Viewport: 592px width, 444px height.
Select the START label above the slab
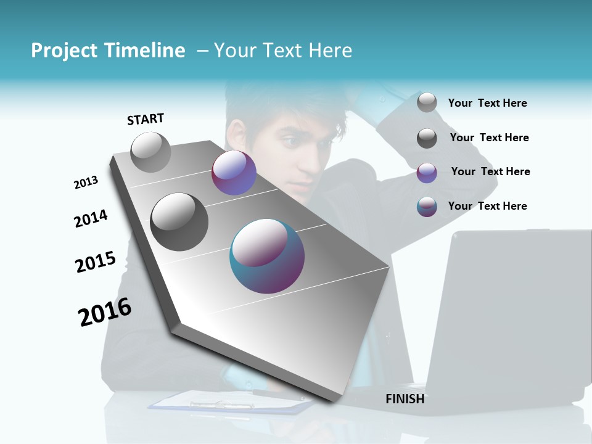pyautogui.click(x=146, y=119)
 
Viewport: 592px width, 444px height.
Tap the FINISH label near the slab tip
pyautogui.click(x=405, y=399)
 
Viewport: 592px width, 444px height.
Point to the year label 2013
pyautogui.click(x=86, y=183)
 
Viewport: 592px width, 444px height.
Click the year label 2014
pyautogui.click(x=91, y=219)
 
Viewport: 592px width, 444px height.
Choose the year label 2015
pyautogui.click(x=96, y=262)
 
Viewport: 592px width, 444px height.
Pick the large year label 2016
pyautogui.click(x=105, y=312)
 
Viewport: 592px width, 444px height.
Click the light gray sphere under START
pyautogui.click(x=150, y=152)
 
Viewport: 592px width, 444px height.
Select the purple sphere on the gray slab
pyautogui.click(x=234, y=173)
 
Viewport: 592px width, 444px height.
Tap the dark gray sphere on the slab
pyautogui.click(x=179, y=221)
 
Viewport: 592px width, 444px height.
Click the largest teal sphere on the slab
pyautogui.click(x=267, y=256)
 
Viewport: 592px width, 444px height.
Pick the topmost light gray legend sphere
pyautogui.click(x=427, y=102)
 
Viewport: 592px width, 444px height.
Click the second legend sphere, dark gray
pyautogui.click(x=427, y=138)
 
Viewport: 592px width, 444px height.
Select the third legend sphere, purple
pyautogui.click(x=427, y=173)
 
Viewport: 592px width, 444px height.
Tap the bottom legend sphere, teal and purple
pyautogui.click(x=427, y=207)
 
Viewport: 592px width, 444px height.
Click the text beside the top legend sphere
pyautogui.click(x=487, y=103)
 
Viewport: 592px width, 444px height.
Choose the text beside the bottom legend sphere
pyautogui.click(x=487, y=206)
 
